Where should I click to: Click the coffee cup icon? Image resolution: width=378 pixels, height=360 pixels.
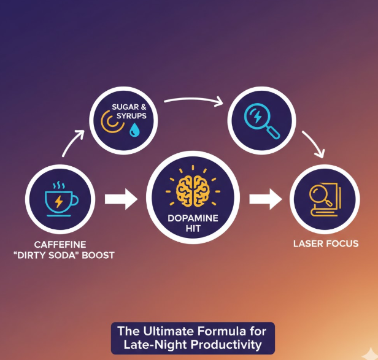(59, 199)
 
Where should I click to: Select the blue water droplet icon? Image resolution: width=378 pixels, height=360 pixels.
(134, 129)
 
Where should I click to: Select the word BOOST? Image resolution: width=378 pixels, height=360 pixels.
(99, 255)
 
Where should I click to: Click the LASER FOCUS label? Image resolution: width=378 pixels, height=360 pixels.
(326, 244)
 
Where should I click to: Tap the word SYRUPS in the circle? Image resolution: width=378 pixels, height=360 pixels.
(129, 115)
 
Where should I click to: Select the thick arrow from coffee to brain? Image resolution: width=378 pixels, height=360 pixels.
(120, 199)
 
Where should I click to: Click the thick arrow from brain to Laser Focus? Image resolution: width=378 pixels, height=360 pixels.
(264, 199)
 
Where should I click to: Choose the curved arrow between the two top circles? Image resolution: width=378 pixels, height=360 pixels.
(193, 99)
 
